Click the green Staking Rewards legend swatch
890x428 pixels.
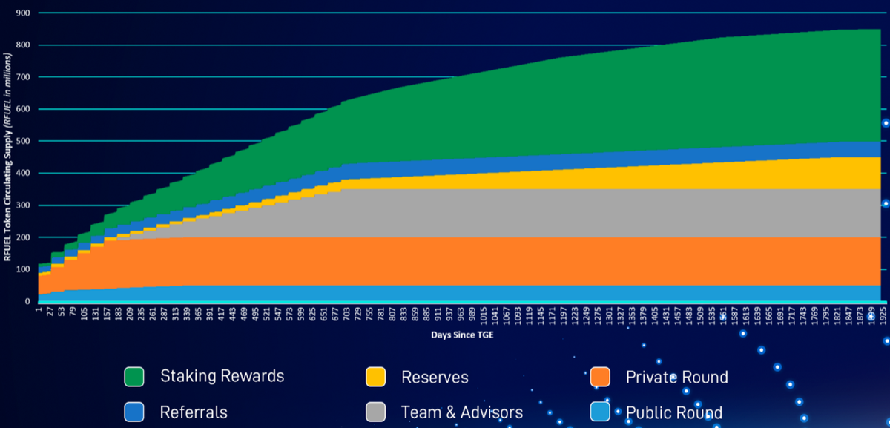coord(133,376)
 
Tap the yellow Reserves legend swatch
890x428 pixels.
coord(375,377)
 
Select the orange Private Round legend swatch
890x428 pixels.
coord(600,377)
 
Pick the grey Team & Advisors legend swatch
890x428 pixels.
coord(375,412)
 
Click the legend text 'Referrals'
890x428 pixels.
coord(194,412)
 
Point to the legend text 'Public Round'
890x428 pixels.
coord(673,412)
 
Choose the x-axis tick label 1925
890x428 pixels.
coord(882,315)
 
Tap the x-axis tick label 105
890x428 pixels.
coord(84,314)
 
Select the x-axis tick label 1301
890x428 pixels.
coord(606,315)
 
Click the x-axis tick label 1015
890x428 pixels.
coord(484,315)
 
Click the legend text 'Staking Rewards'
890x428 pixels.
coord(222,376)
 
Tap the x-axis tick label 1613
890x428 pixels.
coord(742,315)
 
